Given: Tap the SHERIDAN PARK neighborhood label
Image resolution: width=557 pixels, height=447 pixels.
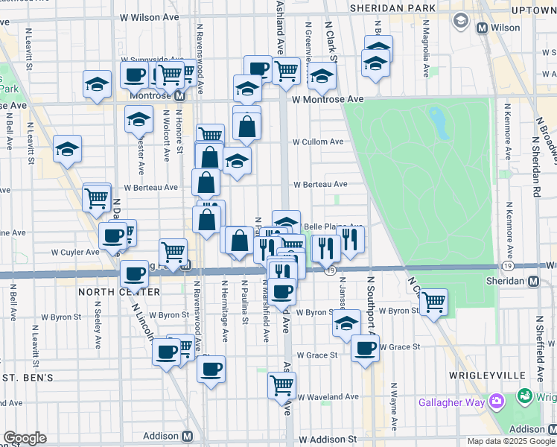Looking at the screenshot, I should coord(406,7).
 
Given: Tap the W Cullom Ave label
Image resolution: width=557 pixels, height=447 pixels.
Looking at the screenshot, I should coord(318,142).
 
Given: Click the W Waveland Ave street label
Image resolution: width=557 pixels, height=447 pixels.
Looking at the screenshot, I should coord(328,397).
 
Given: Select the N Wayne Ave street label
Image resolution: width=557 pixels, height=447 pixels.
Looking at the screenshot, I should coord(392,409).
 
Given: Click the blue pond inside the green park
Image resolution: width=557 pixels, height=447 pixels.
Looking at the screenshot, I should coord(439,121).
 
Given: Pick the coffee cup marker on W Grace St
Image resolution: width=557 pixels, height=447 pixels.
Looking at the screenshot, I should coord(365,348).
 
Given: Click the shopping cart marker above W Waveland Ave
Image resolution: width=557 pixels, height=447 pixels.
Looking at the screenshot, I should coord(281,384).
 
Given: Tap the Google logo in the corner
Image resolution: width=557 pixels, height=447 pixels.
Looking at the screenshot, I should coord(25,438).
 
